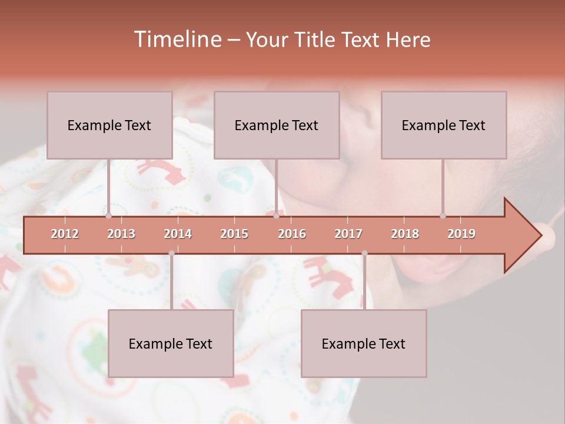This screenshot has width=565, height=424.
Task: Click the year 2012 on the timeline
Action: click(65, 234)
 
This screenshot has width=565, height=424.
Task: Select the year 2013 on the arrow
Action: click(121, 234)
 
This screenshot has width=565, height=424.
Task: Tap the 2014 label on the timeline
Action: click(178, 234)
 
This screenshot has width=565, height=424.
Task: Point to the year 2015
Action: click(234, 234)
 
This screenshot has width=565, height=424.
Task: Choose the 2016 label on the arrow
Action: click(292, 234)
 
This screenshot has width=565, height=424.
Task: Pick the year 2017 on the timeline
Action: click(348, 234)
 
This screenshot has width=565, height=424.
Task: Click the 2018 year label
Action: click(405, 234)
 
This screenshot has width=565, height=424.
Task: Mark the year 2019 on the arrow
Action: click(461, 234)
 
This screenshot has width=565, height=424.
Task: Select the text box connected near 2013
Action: click(109, 125)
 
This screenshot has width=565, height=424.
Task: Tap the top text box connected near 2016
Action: click(277, 125)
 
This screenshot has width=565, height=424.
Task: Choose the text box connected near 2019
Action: click(444, 125)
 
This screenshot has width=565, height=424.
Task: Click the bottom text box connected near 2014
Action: click(171, 343)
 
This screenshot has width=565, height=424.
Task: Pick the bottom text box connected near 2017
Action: click(364, 343)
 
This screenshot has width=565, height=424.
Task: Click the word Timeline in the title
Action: click(177, 39)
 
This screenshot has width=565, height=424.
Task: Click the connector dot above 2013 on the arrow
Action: click(108, 216)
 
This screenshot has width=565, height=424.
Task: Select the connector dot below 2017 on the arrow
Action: click(364, 253)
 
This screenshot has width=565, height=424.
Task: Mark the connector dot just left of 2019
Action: click(443, 216)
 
